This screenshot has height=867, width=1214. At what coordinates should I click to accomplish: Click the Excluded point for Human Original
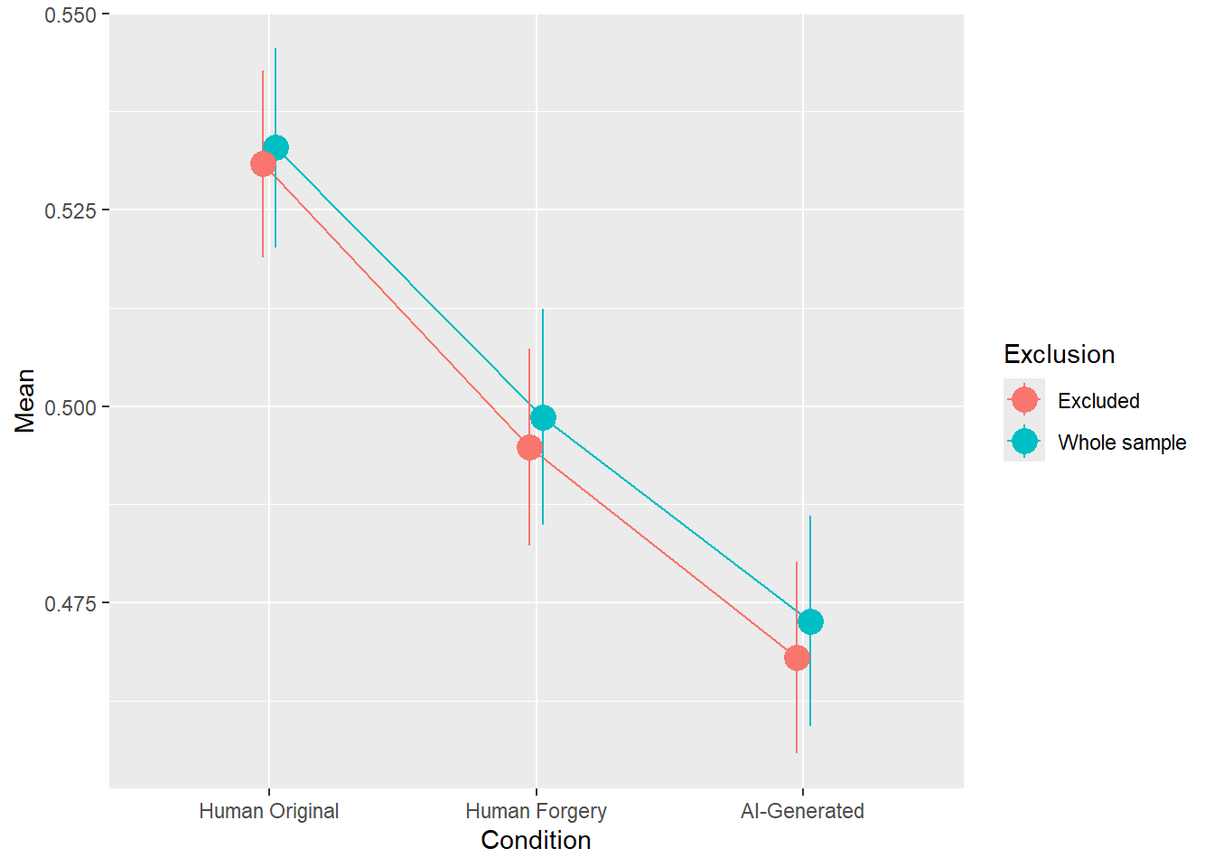point(263,164)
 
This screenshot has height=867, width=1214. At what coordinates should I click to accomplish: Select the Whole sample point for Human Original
point(275,148)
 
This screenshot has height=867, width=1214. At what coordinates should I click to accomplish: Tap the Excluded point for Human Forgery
point(529,447)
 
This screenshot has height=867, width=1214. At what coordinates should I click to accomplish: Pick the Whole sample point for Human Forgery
point(543,417)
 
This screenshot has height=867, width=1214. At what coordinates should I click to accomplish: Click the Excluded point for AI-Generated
point(797,657)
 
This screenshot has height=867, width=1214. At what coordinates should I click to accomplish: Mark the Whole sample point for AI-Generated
point(810,621)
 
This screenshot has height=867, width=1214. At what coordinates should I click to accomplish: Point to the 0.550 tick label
point(70,15)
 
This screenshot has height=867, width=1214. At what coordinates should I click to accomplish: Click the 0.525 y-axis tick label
point(70,210)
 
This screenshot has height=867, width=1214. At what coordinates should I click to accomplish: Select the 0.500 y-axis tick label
point(70,407)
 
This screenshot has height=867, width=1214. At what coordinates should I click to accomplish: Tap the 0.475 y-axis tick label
point(70,603)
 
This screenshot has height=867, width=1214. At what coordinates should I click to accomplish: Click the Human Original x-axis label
point(269,811)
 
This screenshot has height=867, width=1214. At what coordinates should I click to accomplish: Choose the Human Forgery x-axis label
point(536,811)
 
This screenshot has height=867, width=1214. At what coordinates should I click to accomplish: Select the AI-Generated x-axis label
point(802,811)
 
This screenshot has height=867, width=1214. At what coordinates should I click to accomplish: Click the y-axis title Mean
point(25,401)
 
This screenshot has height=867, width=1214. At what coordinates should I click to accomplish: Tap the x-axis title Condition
point(536,841)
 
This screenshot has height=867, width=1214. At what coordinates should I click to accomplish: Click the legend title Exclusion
point(1059,354)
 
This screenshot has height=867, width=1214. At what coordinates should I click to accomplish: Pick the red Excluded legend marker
point(1024,399)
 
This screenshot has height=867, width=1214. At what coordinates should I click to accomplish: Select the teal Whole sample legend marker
point(1024,441)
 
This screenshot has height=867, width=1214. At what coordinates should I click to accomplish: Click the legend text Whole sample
point(1122,443)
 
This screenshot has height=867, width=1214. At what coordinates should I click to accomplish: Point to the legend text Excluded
point(1098,401)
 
